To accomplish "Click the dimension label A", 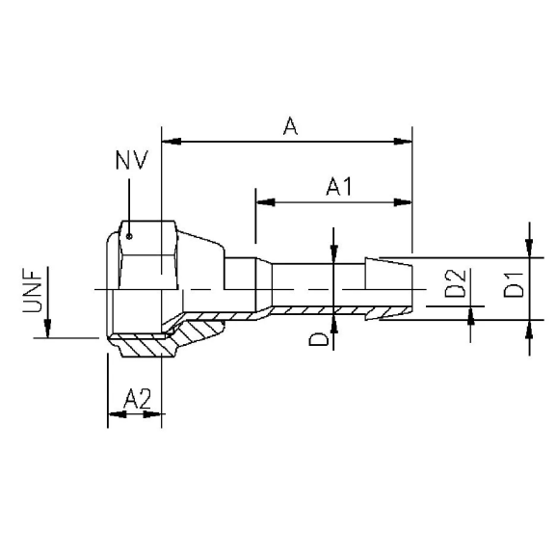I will click(x=288, y=125).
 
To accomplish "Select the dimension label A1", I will click(x=336, y=186).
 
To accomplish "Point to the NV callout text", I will click(x=130, y=160).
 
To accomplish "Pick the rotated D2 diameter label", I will click(x=456, y=286).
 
